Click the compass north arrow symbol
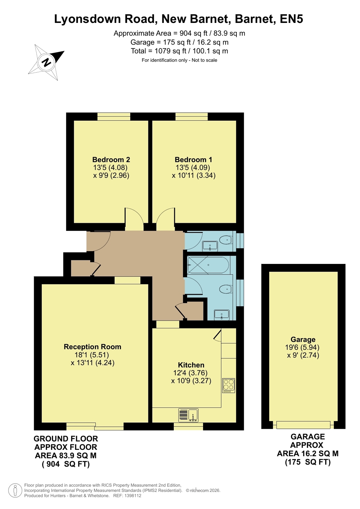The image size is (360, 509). (46, 62)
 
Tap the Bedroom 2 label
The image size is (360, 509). (111, 159)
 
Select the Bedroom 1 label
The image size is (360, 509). (194, 159)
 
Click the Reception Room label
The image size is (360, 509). (93, 347)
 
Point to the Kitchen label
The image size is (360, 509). (191, 365)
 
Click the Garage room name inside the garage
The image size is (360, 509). (303, 339)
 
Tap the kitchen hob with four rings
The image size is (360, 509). (229, 385)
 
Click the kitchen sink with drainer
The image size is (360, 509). (188, 415)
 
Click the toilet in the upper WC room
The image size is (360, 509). (226, 240)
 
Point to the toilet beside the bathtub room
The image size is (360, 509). (226, 289)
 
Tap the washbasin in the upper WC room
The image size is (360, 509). (210, 246)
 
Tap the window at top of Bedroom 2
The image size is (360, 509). (114, 117)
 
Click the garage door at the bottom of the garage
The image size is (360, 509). (303, 425)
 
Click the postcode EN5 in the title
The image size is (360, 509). (291, 19)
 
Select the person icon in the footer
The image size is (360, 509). (15, 490)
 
